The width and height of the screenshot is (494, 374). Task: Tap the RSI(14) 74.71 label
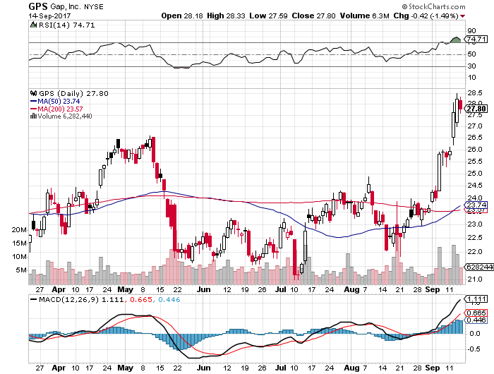55,25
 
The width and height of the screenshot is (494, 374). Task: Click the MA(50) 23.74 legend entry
58,101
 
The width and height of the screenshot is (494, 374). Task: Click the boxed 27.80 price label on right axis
476,108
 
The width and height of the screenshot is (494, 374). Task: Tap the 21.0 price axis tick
474,279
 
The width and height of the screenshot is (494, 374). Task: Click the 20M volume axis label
20,230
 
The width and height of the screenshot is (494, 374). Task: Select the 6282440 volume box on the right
476,267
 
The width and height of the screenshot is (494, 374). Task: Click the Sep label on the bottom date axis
430,368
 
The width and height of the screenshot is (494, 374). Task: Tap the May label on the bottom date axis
126,368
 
